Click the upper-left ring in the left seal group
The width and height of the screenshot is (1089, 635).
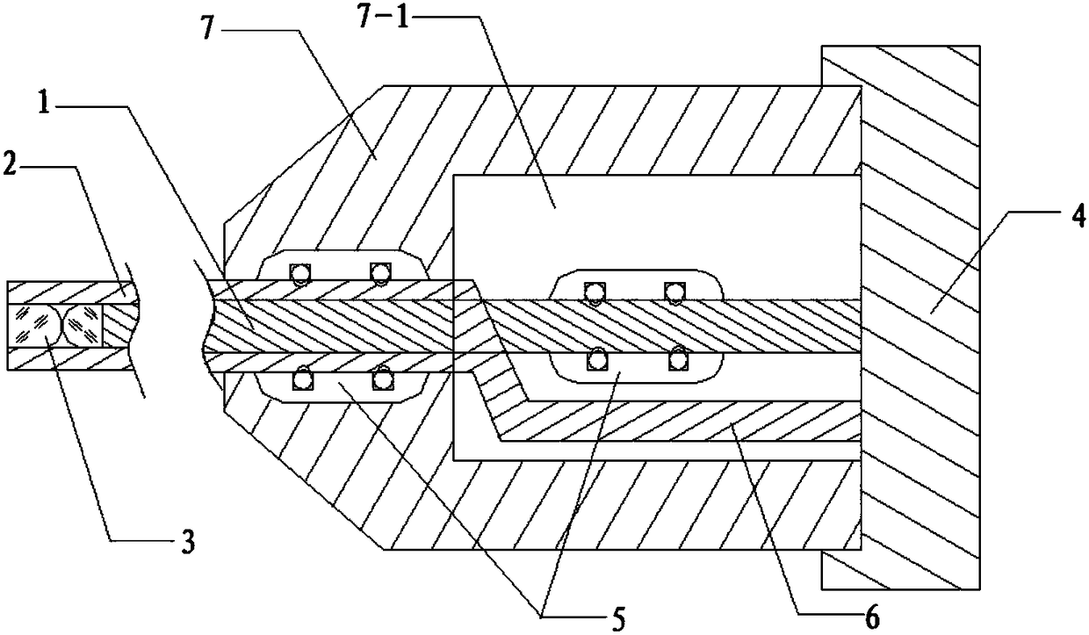click(x=301, y=275)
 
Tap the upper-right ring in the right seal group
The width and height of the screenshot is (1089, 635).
click(x=674, y=292)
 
